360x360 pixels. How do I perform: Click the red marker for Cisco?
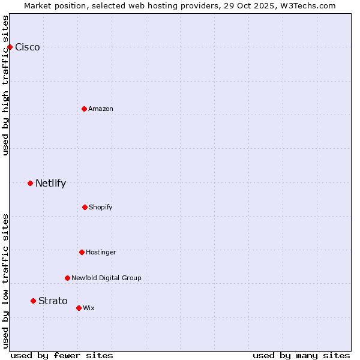(x=10, y=47)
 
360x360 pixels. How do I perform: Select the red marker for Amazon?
(x=84, y=109)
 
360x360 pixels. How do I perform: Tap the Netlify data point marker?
(x=30, y=183)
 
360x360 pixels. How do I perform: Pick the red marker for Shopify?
(x=85, y=207)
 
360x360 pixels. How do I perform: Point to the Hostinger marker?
(x=82, y=252)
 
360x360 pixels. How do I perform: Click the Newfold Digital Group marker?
(x=67, y=278)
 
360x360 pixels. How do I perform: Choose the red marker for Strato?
(x=33, y=301)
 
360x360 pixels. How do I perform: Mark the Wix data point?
(x=79, y=308)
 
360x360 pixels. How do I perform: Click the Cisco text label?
(x=28, y=47)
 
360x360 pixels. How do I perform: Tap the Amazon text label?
(x=101, y=109)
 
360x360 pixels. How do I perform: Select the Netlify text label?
(x=50, y=184)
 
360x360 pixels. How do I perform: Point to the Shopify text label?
(x=101, y=207)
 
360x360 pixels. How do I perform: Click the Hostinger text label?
(x=101, y=252)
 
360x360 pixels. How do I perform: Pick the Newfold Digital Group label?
(x=106, y=278)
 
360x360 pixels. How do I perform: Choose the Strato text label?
(x=53, y=301)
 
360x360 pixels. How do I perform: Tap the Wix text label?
(x=89, y=308)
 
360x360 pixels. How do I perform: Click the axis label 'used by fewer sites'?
(x=62, y=355)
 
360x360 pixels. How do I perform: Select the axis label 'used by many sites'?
(x=301, y=355)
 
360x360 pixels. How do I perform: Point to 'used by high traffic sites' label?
(x=5, y=85)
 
